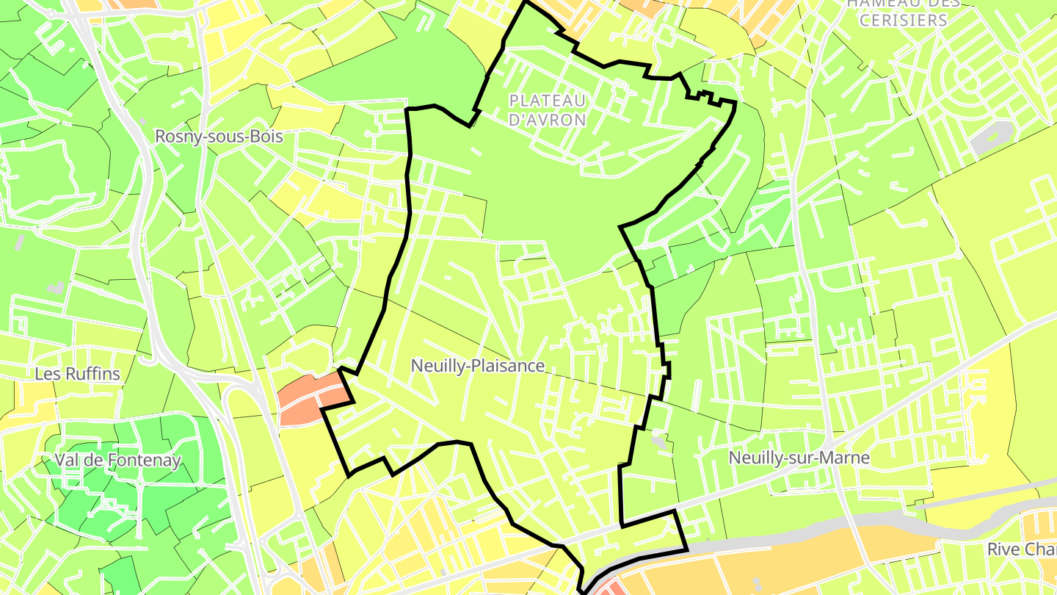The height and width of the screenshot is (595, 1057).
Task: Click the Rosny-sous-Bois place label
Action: click(219, 137)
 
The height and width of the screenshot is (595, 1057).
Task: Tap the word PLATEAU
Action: click(548, 101)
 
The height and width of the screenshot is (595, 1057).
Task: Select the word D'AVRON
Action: click(548, 119)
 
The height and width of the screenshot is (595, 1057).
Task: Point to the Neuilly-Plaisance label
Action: click(478, 366)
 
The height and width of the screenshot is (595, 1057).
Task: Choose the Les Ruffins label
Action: click(77, 374)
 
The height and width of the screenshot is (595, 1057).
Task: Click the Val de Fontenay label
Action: click(117, 461)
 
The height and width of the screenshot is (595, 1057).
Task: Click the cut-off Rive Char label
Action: click(1021, 549)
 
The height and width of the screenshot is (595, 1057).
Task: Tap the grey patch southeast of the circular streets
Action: click(994, 136)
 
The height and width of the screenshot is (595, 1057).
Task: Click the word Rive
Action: click(1003, 549)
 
